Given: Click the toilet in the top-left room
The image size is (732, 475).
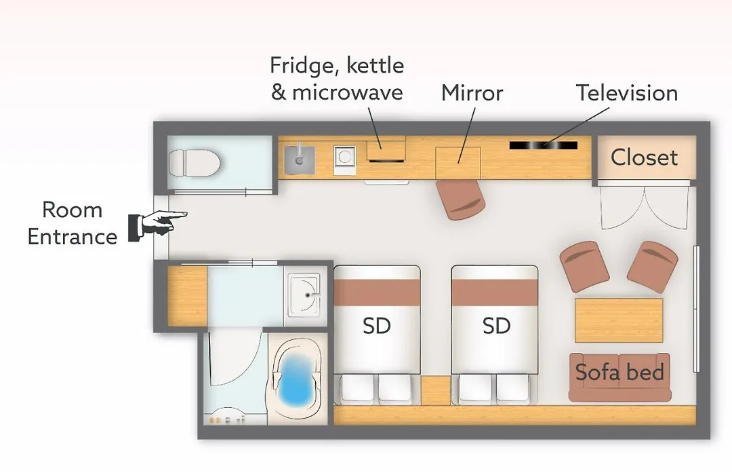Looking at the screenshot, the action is [195, 163].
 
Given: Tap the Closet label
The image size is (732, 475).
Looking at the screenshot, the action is [644, 157].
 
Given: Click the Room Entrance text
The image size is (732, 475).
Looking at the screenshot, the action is [73, 223].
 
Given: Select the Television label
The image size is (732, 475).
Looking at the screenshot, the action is [626, 92].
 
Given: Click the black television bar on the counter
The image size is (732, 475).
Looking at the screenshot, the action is [544, 145].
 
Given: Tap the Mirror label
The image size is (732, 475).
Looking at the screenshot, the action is [472, 92].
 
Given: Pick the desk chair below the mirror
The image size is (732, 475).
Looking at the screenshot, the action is [460, 199].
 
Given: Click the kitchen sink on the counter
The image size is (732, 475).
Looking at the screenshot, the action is [300, 159].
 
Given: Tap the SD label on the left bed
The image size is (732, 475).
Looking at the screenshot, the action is [377, 326].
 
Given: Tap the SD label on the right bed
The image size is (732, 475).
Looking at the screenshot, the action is [496, 326].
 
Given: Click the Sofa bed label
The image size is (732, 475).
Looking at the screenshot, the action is [619, 372].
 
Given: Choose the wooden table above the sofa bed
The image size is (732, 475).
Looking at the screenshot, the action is [619, 320].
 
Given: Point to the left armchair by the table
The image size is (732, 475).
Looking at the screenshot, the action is [584, 267].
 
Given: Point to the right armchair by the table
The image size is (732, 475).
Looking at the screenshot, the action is [653, 267].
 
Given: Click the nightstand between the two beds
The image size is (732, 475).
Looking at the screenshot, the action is [436, 390].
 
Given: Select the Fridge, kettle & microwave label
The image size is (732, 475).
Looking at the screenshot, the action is [337, 79].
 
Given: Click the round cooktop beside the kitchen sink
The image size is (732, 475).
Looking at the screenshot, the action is [344, 160].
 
